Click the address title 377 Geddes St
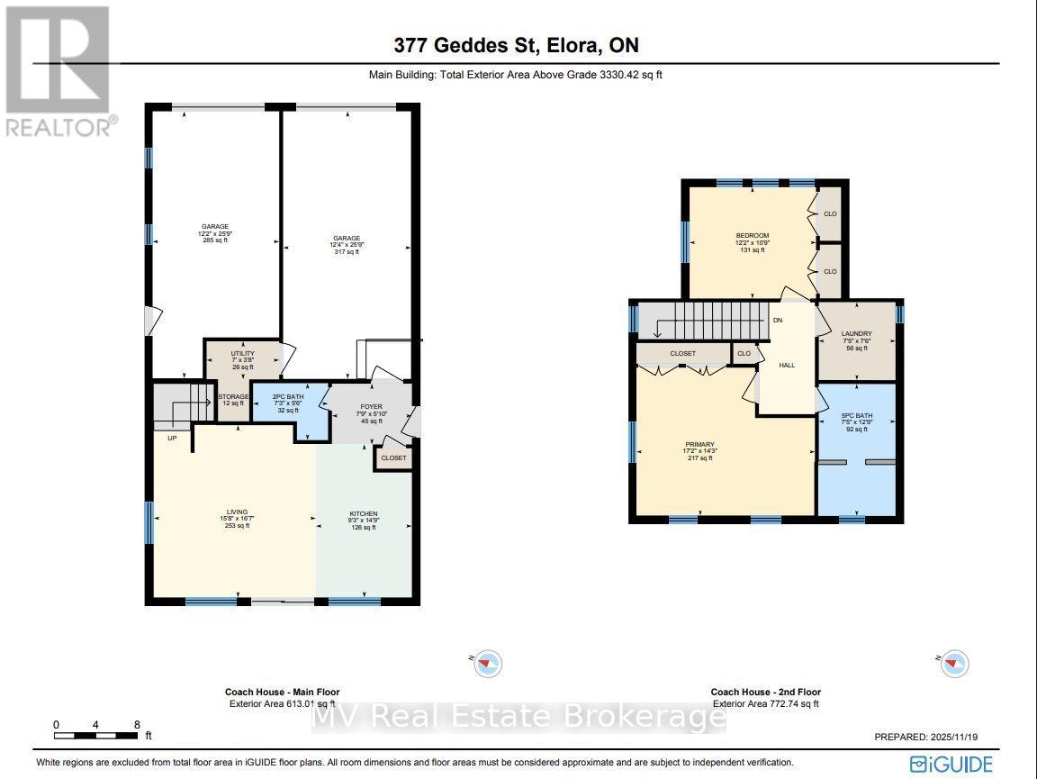point(517,46)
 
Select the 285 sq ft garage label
point(214,233)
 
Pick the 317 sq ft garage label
point(346,245)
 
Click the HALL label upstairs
point(786,366)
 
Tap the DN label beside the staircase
point(777,320)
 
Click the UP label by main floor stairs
point(170,438)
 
